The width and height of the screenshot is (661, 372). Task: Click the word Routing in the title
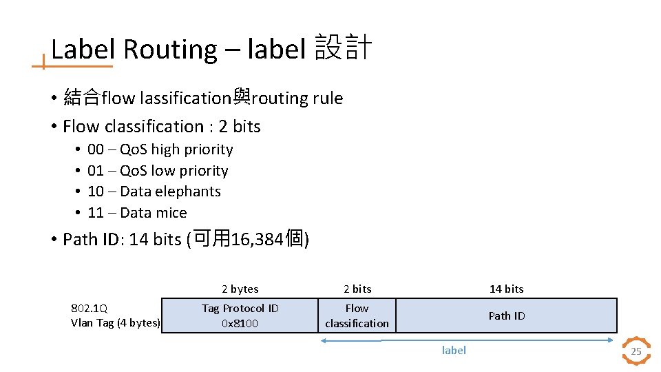click(170, 50)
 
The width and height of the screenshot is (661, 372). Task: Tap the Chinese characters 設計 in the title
click(343, 48)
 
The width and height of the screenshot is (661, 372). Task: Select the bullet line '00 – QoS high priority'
click(160, 149)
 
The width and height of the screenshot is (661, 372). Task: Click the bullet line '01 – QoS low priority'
click(158, 171)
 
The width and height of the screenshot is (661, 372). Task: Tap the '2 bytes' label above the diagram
click(240, 289)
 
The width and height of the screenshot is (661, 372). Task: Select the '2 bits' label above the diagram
click(357, 289)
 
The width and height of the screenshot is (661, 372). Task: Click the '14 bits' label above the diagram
click(506, 289)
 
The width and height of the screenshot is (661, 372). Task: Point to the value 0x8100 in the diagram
click(240, 323)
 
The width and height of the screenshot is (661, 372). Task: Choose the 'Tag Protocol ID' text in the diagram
click(240, 309)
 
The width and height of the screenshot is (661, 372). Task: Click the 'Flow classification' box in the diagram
click(357, 316)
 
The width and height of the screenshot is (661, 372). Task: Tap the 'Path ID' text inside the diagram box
click(506, 316)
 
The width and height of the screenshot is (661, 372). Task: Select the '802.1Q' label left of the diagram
click(90, 309)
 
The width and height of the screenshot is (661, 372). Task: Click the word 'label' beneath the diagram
click(454, 351)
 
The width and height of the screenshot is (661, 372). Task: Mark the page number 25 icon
click(636, 351)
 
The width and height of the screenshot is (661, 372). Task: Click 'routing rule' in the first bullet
click(297, 99)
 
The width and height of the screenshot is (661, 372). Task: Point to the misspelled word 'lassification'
click(184, 99)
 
